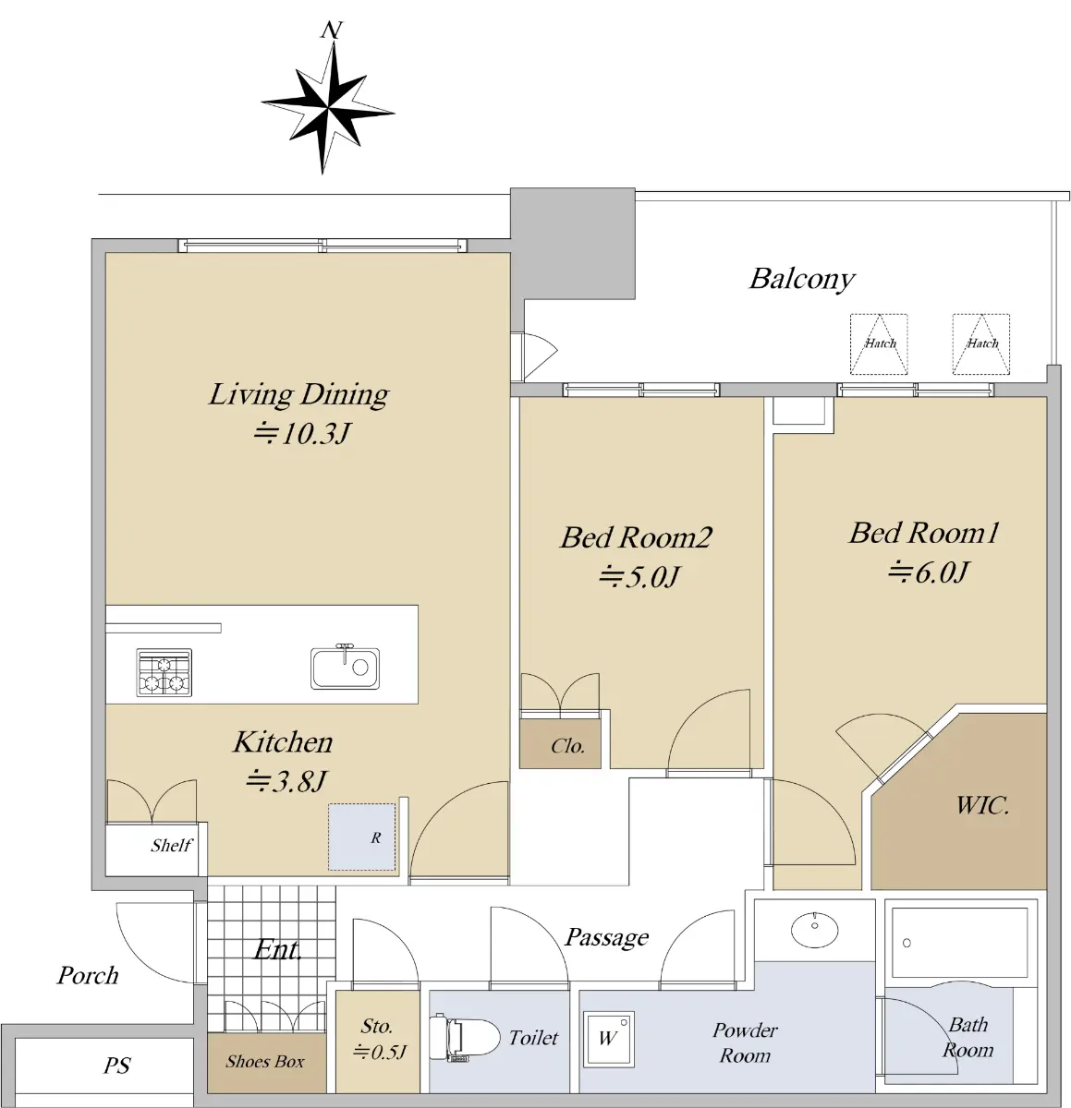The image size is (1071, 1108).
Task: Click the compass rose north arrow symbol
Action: [328, 106]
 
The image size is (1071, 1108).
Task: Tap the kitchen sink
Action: [345, 667]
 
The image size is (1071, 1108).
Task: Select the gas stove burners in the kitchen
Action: [164, 672]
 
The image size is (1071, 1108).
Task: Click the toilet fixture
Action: [464, 1038]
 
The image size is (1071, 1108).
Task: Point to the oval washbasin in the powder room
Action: [815, 930]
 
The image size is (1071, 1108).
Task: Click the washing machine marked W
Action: [608, 1039]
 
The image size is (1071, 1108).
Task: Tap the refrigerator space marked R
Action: [361, 837]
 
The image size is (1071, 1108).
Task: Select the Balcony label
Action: [801, 280]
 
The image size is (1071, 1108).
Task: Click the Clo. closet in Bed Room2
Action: [560, 743]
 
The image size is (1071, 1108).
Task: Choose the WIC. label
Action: [982, 805]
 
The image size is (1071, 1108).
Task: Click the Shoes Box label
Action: [265, 1061]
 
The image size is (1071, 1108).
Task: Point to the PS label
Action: [116, 1065]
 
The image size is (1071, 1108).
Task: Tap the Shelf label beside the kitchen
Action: [171, 845]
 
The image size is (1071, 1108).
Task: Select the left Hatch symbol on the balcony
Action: [879, 343]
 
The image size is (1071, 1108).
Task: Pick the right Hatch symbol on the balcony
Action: [981, 343]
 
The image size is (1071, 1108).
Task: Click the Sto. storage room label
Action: [376, 1026]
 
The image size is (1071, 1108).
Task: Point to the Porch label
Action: [88, 975]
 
